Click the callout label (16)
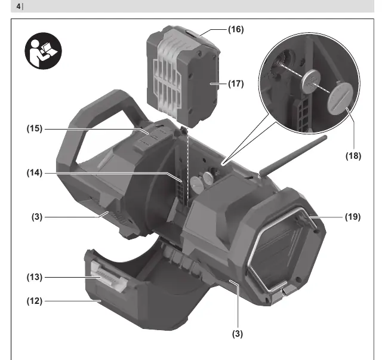click(x=236, y=29)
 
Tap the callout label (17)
click(x=236, y=84)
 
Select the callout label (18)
click(x=353, y=156)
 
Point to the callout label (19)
click(x=353, y=217)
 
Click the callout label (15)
click(x=35, y=128)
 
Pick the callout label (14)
click(x=35, y=173)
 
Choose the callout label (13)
click(x=35, y=277)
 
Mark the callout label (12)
click(x=35, y=301)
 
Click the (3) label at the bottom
click(x=238, y=334)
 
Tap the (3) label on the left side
click(x=37, y=217)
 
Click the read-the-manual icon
click(x=43, y=51)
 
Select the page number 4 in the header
click(x=19, y=7)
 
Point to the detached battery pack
click(x=183, y=76)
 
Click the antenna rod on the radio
click(x=293, y=156)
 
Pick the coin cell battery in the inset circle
click(x=311, y=81)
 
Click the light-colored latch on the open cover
click(x=108, y=276)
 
